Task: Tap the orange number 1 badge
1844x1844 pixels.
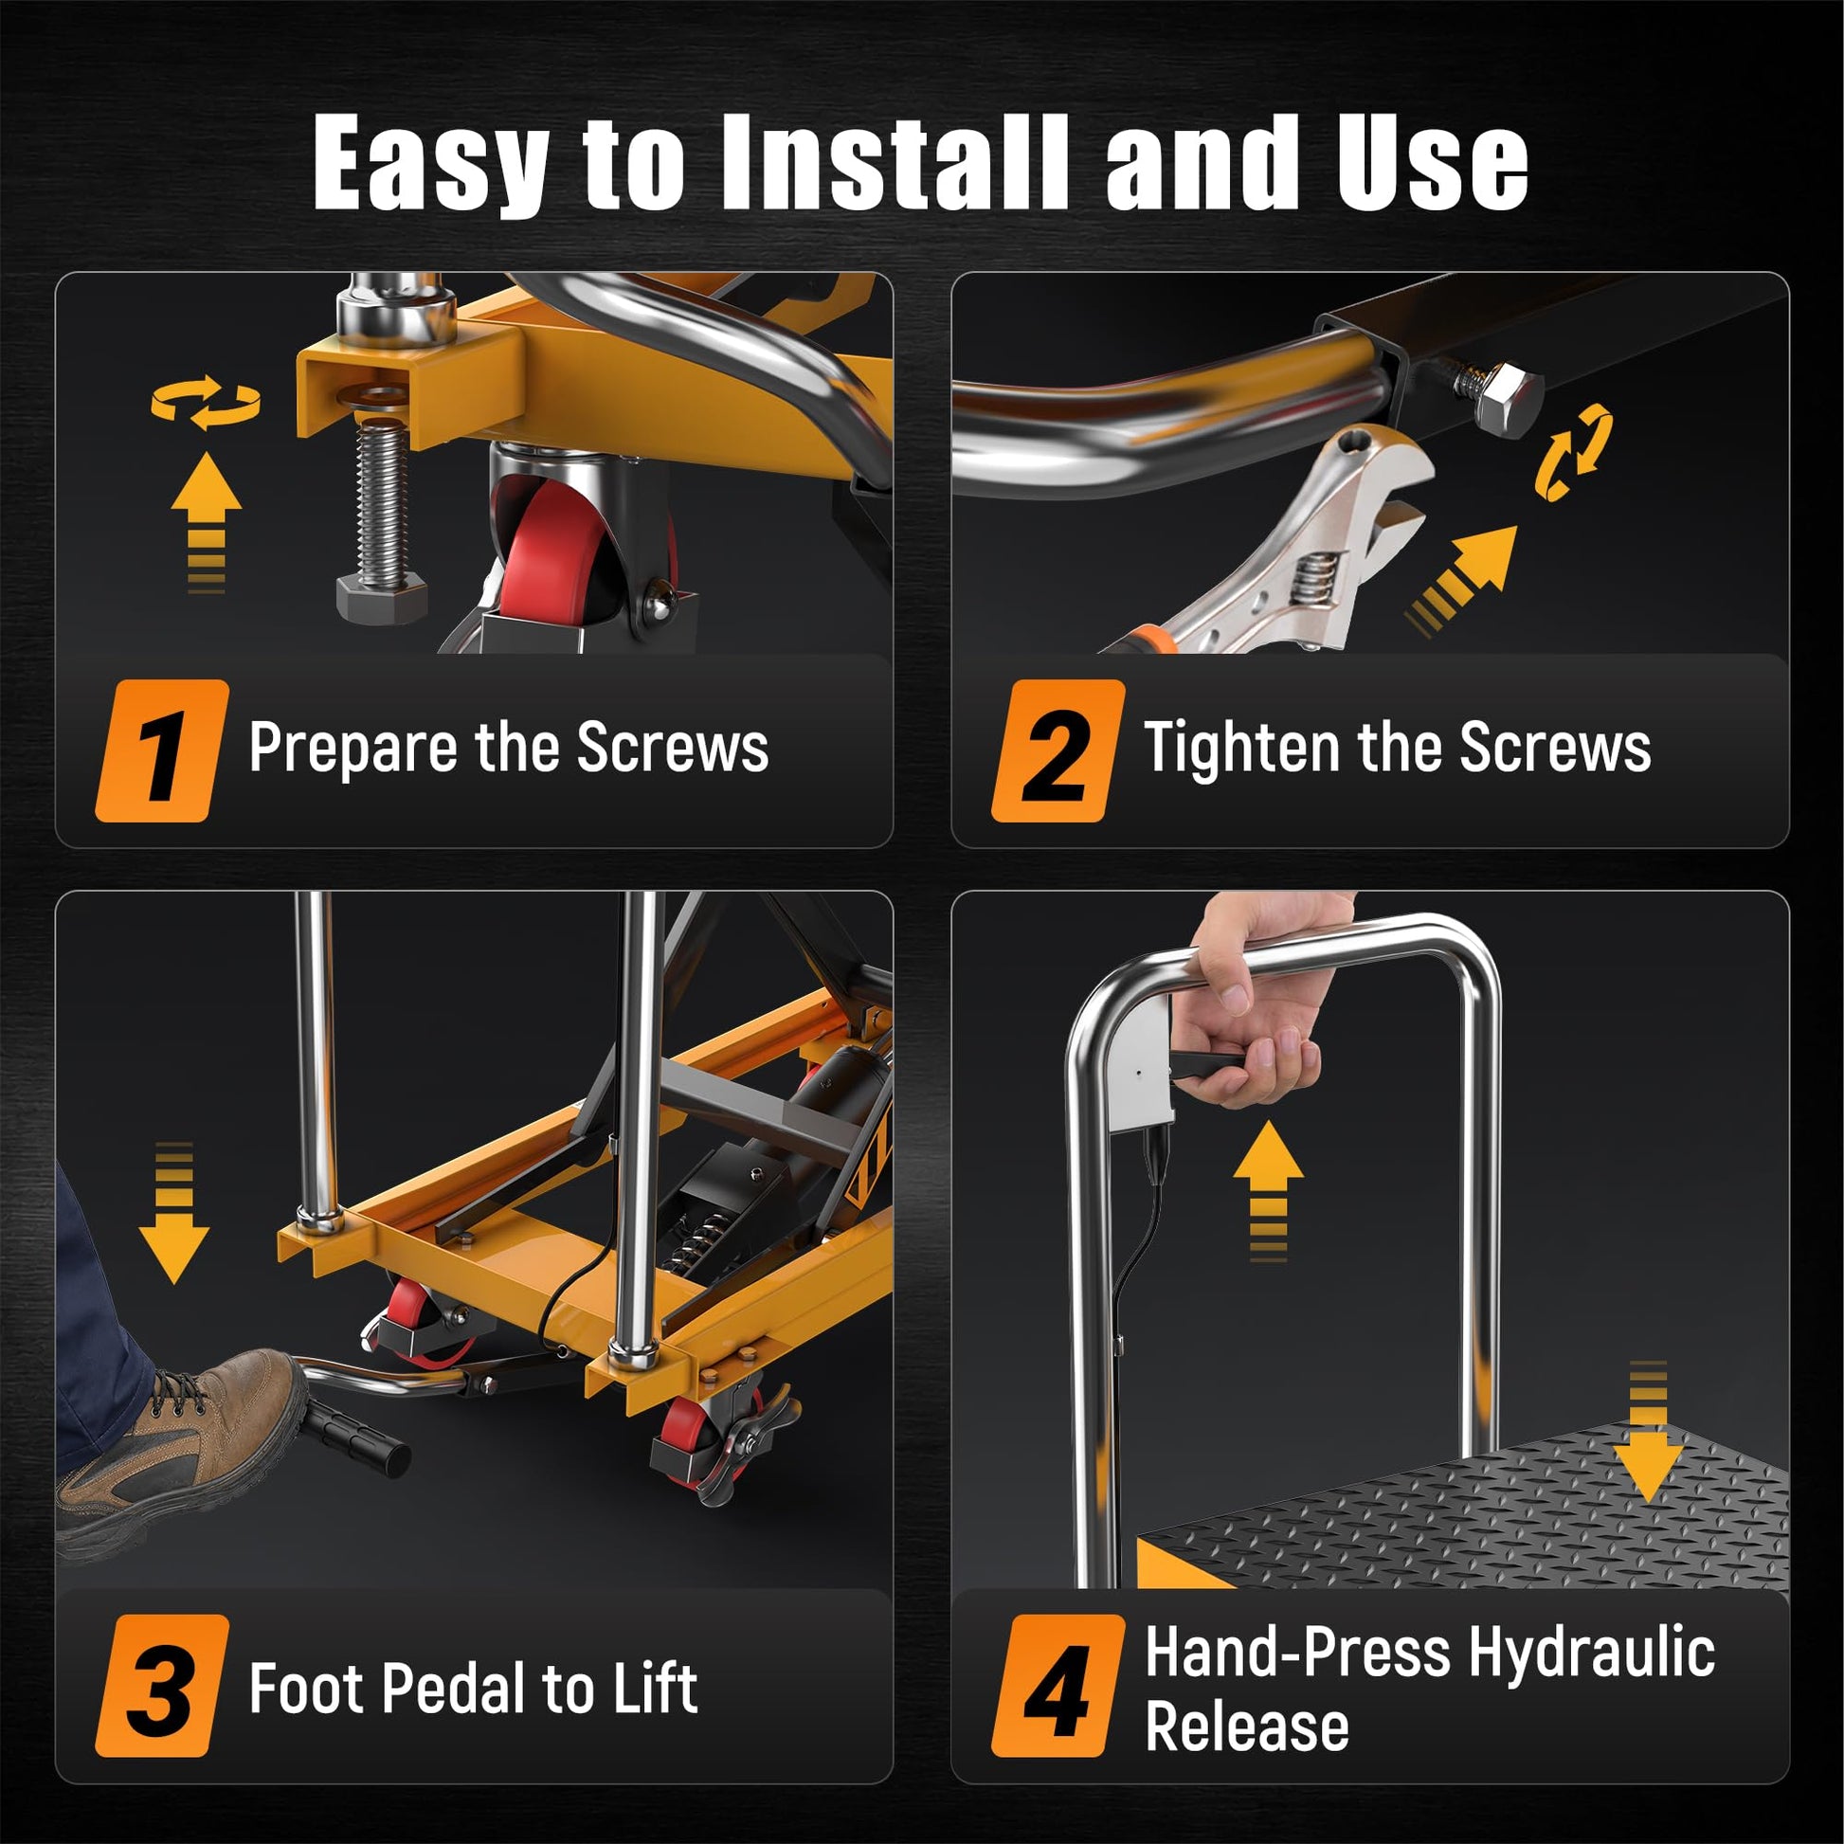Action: [x=162, y=750]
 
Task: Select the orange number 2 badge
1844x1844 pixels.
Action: [x=1058, y=750]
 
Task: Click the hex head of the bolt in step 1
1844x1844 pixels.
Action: [x=383, y=598]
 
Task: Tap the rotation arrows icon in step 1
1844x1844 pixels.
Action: [x=207, y=402]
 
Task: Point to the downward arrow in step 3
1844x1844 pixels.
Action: [x=173, y=1212]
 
